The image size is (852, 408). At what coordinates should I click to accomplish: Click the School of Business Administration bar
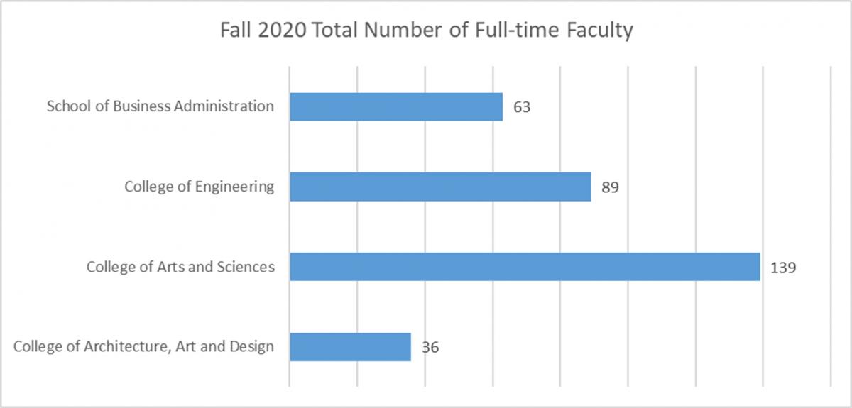[396, 106]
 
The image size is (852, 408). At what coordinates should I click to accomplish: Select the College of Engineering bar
[440, 187]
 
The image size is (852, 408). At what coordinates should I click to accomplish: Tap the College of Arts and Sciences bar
[525, 267]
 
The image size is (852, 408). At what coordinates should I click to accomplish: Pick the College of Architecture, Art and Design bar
[350, 347]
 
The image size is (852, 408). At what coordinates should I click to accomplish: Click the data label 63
[522, 107]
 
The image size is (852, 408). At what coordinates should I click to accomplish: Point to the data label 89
[611, 187]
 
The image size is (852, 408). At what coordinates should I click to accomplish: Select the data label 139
[784, 268]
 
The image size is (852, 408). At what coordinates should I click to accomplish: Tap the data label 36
[430, 348]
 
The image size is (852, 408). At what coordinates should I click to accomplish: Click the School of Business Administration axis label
[160, 106]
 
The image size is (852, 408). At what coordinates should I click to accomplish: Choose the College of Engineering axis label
[199, 187]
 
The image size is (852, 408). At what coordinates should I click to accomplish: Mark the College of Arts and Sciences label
[180, 267]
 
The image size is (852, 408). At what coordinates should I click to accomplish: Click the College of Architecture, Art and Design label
[144, 347]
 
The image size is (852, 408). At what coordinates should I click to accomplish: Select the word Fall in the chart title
[234, 31]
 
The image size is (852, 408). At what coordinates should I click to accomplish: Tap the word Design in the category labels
[254, 347]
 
